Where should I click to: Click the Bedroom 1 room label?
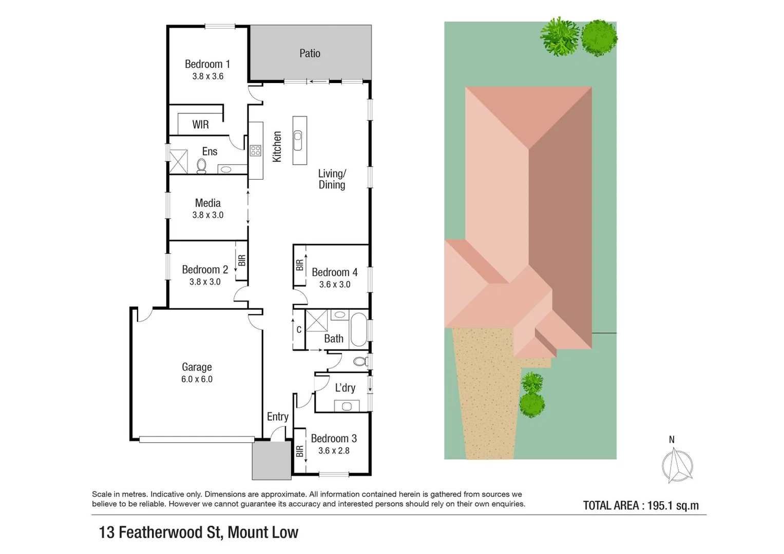pyautogui.click(x=207, y=64)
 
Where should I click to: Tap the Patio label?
pyautogui.click(x=310, y=53)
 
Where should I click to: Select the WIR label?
pyautogui.click(x=200, y=125)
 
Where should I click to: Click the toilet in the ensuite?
pyautogui.click(x=201, y=166)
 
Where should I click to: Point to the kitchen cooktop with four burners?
pyautogui.click(x=255, y=150)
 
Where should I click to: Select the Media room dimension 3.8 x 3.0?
pyautogui.click(x=207, y=215)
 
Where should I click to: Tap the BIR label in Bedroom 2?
pyautogui.click(x=242, y=261)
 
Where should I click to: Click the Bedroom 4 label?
pyautogui.click(x=334, y=272)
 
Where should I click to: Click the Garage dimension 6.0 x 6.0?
pyautogui.click(x=197, y=380)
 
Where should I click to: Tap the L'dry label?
pyautogui.click(x=345, y=388)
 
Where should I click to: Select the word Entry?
pyautogui.click(x=277, y=417)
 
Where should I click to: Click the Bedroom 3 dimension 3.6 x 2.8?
pyautogui.click(x=334, y=451)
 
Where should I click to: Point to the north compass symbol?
pyautogui.click(x=677, y=465)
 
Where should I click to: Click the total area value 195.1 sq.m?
pyautogui.click(x=673, y=506)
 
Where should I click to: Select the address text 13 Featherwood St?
pyautogui.click(x=161, y=532)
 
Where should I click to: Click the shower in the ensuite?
pyautogui.click(x=179, y=161)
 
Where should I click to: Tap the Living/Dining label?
pyautogui.click(x=332, y=179)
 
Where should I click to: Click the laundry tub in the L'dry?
pyautogui.click(x=347, y=407)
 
